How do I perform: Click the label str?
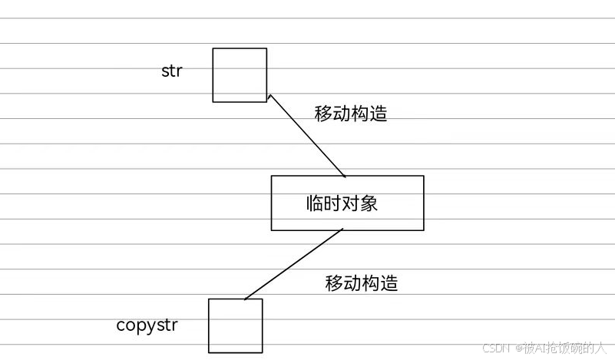tap(171, 71)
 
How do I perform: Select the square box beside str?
tap(240, 74)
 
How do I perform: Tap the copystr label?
tap(147, 325)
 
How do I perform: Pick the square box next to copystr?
tap(235, 325)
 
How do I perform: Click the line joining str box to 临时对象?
tap(307, 136)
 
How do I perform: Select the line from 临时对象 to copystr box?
tap(293, 265)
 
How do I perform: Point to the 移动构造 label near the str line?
tap(351, 114)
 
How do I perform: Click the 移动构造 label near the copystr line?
tap(362, 282)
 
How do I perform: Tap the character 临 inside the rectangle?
tap(315, 203)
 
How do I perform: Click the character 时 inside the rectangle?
tap(333, 203)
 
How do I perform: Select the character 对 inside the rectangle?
tap(351, 203)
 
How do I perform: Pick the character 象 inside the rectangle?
tap(369, 203)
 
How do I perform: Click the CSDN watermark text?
tap(497, 348)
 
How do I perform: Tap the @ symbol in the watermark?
tap(518, 348)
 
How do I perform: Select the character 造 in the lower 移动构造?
tap(389, 282)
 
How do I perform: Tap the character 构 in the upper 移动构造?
tap(360, 114)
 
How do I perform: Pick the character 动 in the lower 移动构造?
tap(352, 282)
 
